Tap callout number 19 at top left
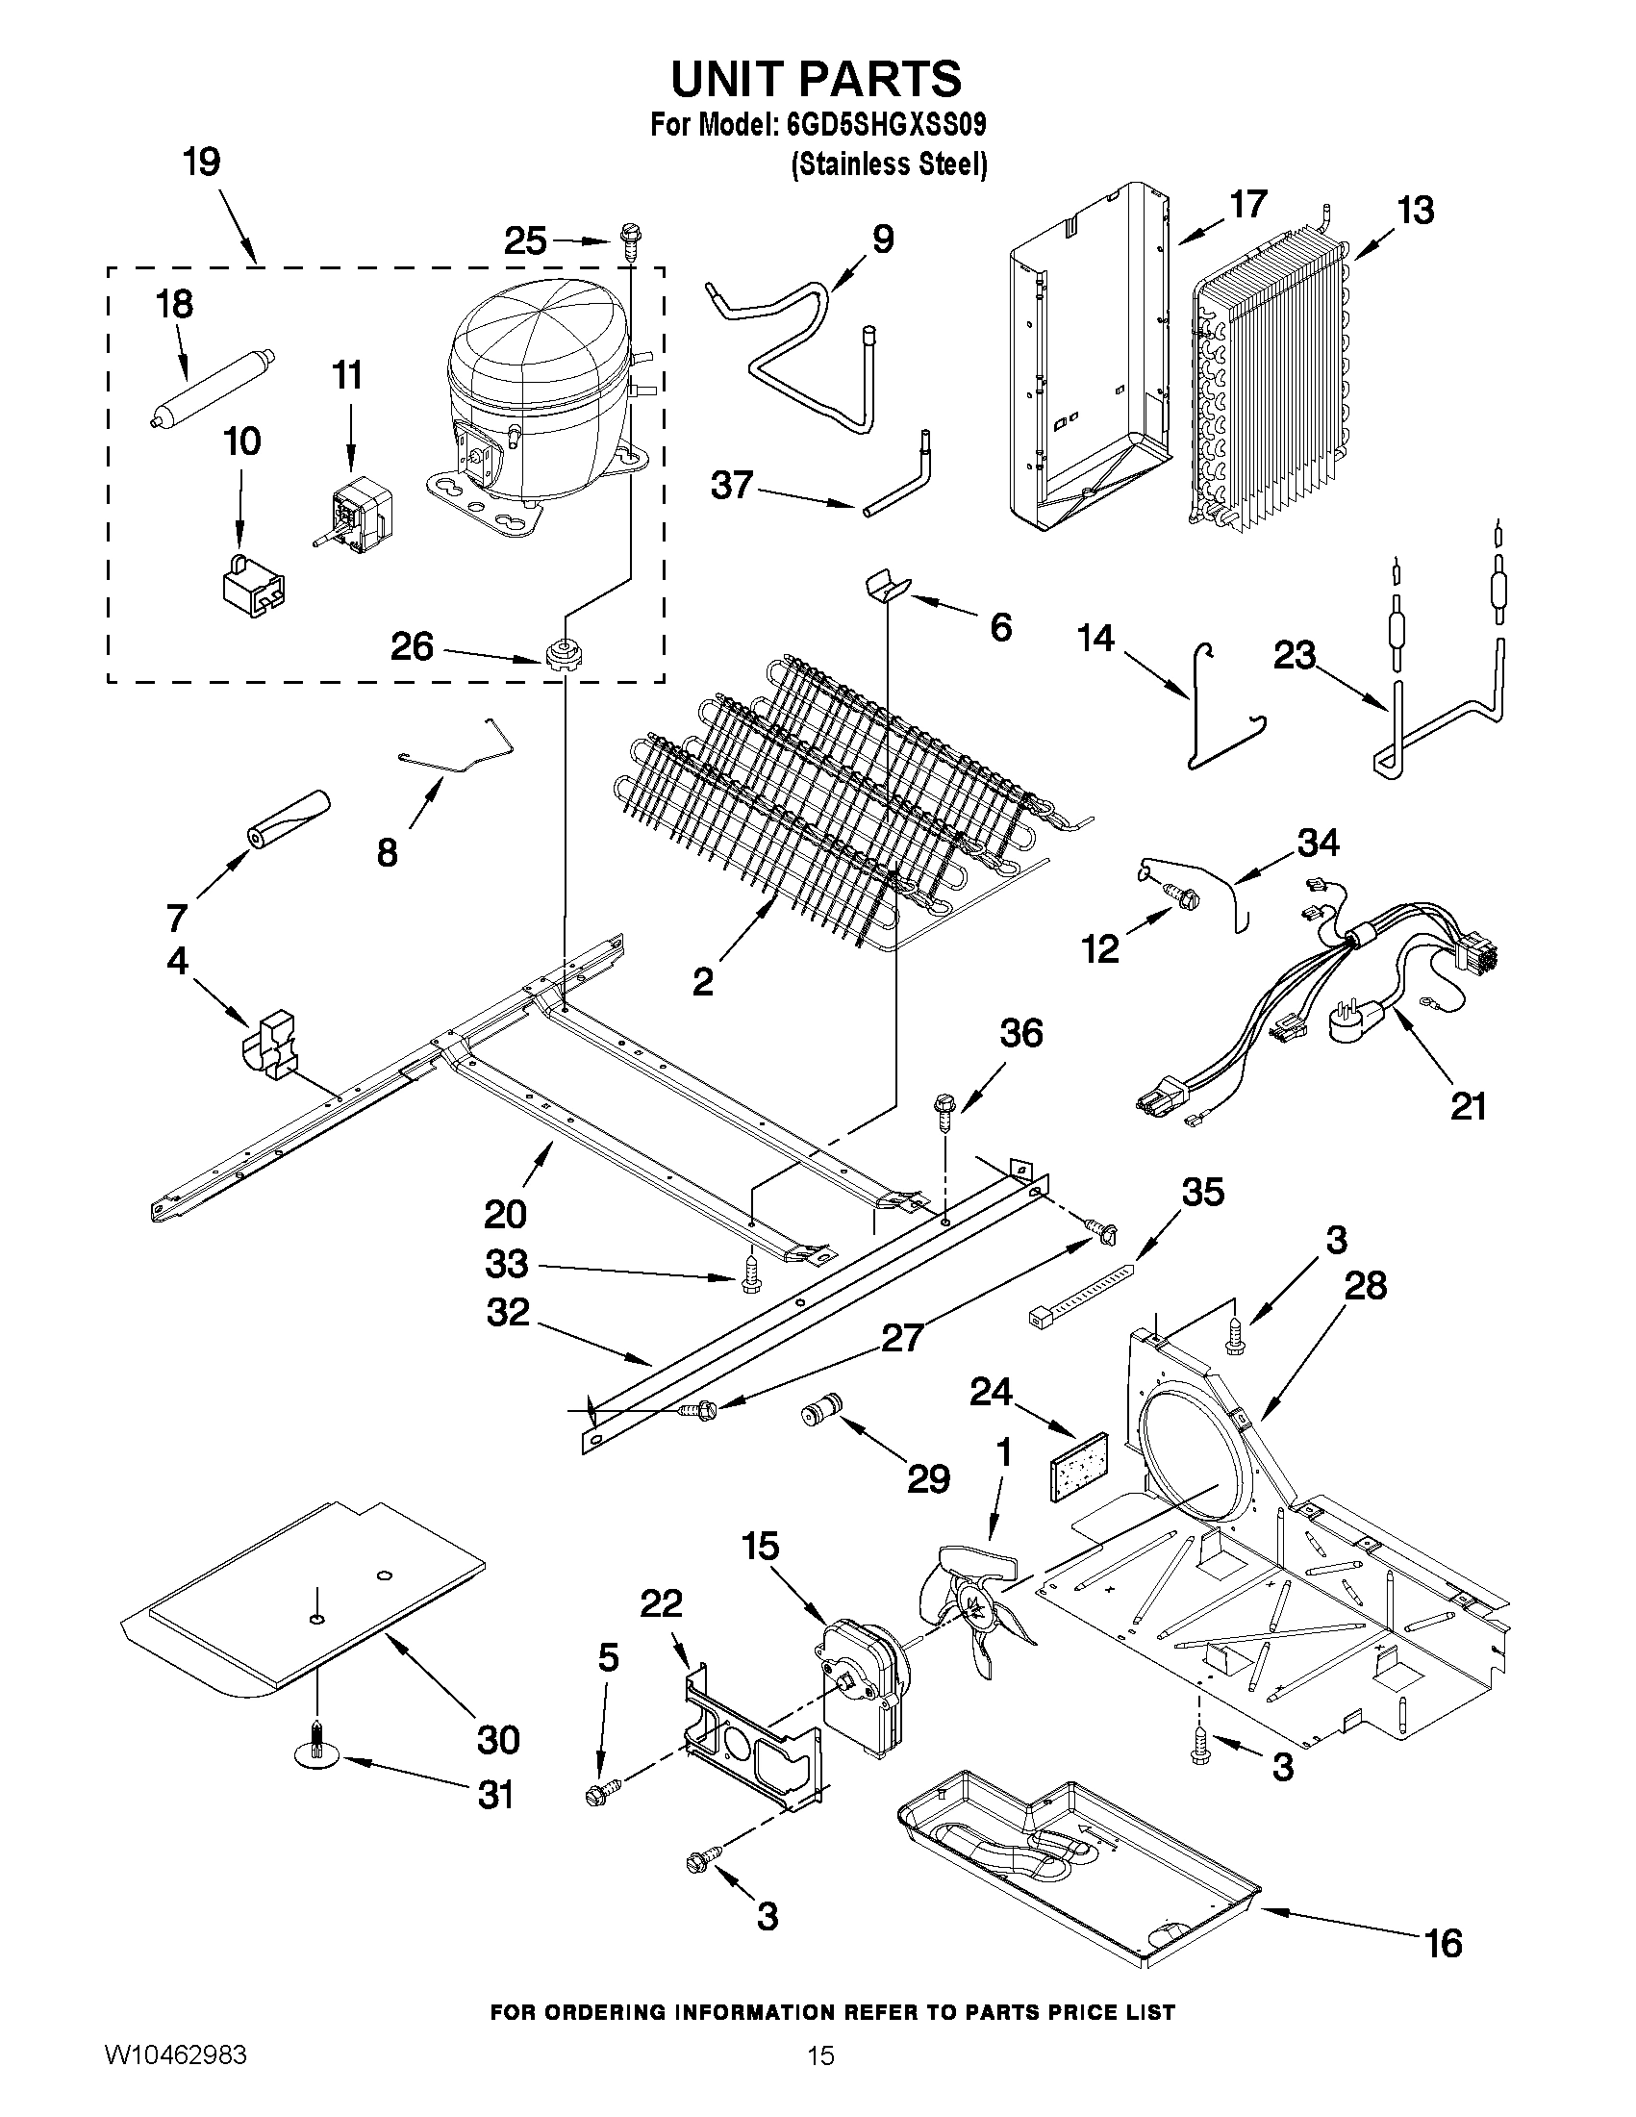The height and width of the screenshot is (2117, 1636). [x=202, y=162]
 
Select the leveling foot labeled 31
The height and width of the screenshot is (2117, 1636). [x=317, y=1755]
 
